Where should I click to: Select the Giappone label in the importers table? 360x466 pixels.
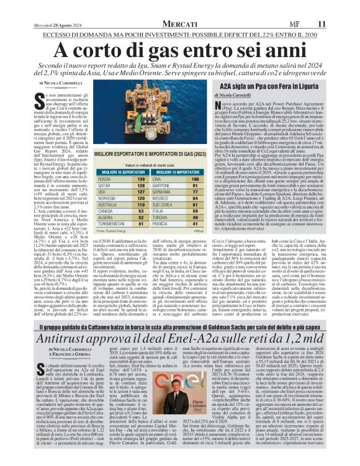[161, 168]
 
